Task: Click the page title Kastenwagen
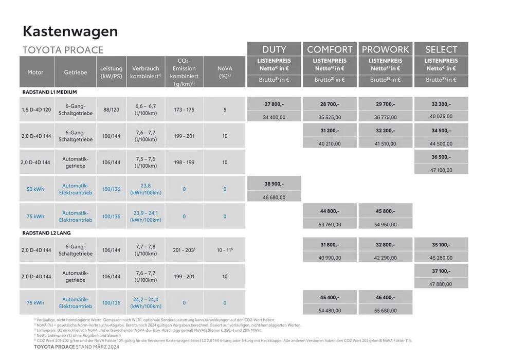tap(70, 31)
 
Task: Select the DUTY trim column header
tap(274, 49)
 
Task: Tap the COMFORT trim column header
tap(330, 49)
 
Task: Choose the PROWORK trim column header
tap(385, 49)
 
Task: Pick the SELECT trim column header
tap(441, 49)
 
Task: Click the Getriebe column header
tap(76, 73)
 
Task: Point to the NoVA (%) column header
tap(225, 72)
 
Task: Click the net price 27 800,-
tap(274, 104)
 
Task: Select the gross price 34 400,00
tap(274, 117)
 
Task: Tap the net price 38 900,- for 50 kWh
tap(274, 184)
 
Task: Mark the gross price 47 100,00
tap(441, 170)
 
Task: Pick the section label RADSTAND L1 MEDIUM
tap(49, 92)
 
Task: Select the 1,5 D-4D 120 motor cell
tap(36, 110)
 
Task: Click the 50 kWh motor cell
tap(35, 189)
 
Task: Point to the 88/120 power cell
tap(111, 110)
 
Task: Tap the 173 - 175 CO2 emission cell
tap(184, 110)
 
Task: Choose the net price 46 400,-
tap(385, 297)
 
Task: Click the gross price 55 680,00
tap(385, 311)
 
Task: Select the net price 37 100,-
tap(441, 271)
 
